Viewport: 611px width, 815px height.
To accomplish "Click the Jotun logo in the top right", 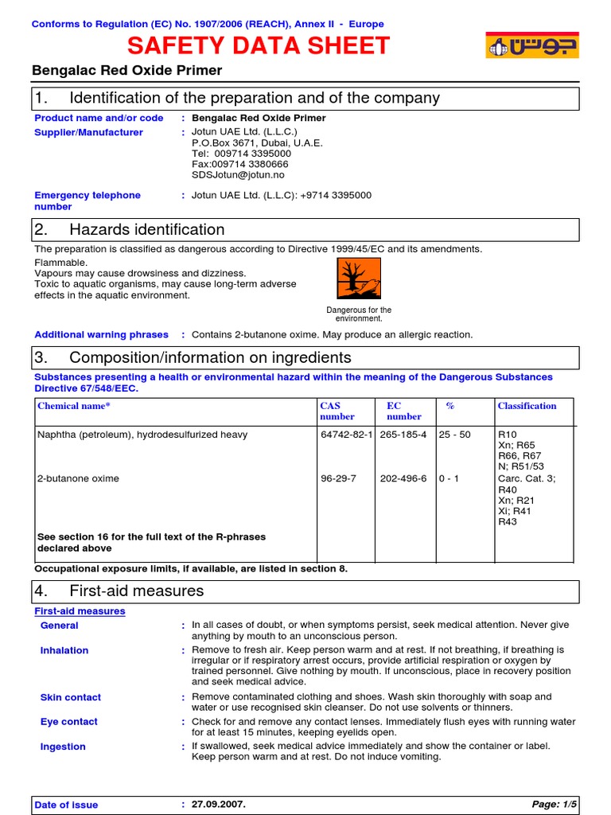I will click(532, 45).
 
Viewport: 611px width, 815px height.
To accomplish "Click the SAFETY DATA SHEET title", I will click(259, 46).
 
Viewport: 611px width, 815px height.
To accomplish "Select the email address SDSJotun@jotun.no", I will click(238, 174).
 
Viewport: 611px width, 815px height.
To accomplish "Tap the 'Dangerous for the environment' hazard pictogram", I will click(359, 280).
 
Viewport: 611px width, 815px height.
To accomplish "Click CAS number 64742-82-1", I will click(346, 435).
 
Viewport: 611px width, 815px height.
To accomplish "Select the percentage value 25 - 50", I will click(454, 435).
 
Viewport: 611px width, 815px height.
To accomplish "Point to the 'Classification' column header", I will click(527, 406).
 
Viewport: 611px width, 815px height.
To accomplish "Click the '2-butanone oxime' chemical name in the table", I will click(78, 478).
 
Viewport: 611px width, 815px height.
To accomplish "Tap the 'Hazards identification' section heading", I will click(147, 230).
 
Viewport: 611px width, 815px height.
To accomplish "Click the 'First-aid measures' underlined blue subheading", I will click(80, 611).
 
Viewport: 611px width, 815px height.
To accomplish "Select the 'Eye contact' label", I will click(68, 722).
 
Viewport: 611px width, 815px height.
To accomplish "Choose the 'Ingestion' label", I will click(63, 747).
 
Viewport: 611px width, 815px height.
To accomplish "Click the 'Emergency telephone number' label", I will click(88, 201).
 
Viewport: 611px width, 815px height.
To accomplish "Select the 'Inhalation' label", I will click(64, 650).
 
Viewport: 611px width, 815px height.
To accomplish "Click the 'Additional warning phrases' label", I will click(101, 334).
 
